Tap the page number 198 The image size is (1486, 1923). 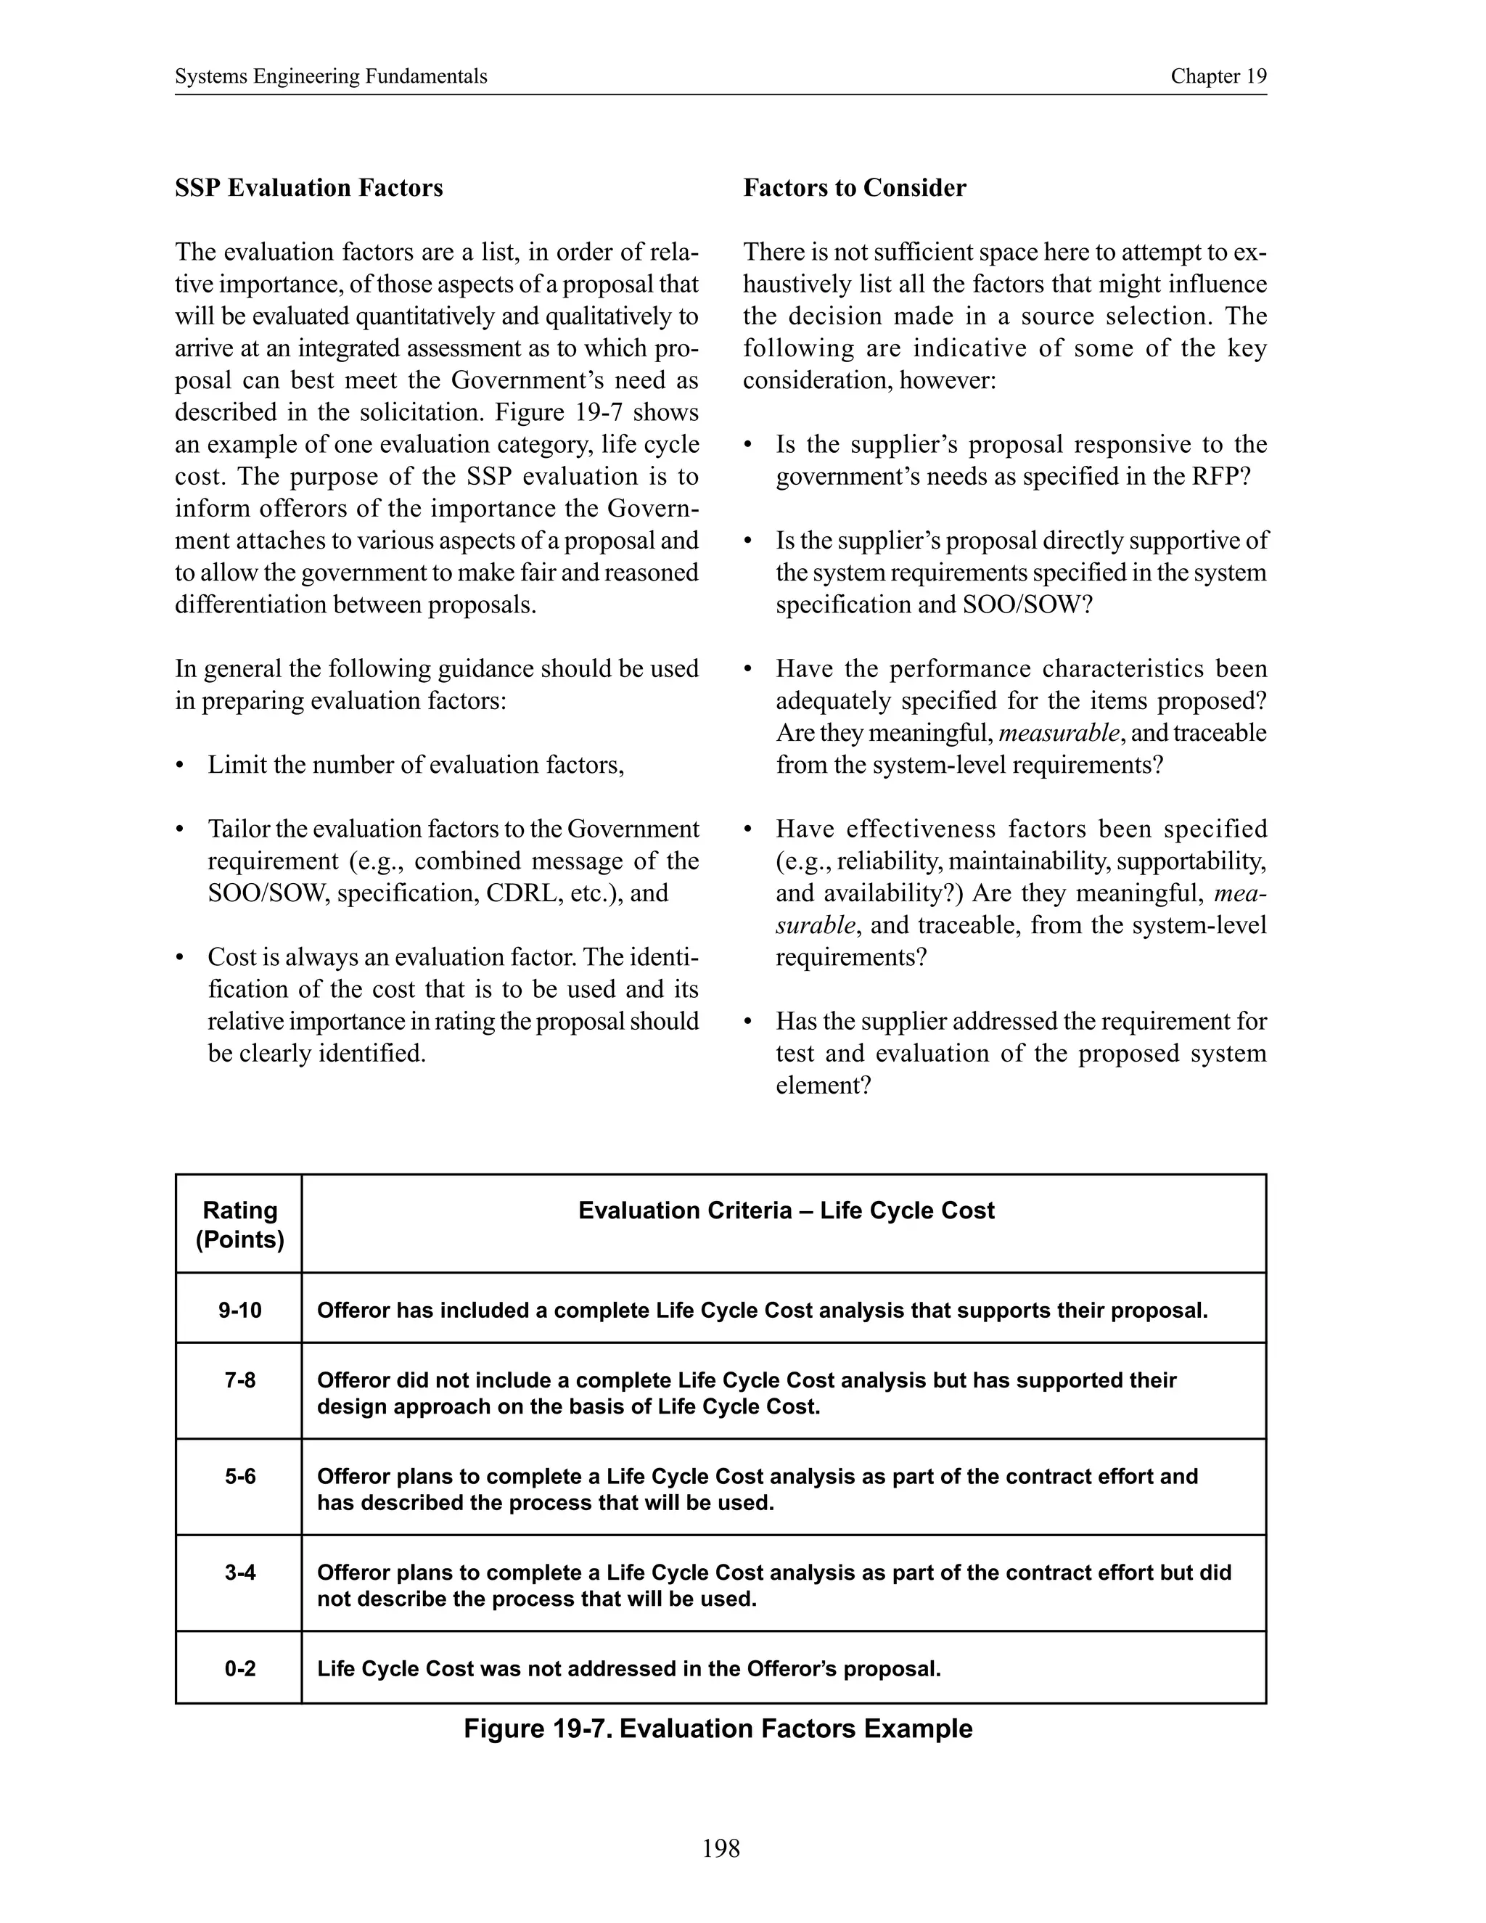(721, 1848)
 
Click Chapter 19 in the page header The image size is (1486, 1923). (1218, 77)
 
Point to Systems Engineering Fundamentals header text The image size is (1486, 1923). (331, 77)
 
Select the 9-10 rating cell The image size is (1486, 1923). (239, 1310)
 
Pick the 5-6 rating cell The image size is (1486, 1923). (239, 1476)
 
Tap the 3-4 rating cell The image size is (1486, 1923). (239, 1572)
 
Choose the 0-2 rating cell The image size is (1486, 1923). (239, 1668)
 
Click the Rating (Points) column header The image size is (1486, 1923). (239, 1225)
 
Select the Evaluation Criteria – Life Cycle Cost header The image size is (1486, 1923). (785, 1210)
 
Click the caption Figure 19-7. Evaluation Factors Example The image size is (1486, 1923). (718, 1729)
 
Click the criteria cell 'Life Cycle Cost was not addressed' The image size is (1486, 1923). (628, 1668)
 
